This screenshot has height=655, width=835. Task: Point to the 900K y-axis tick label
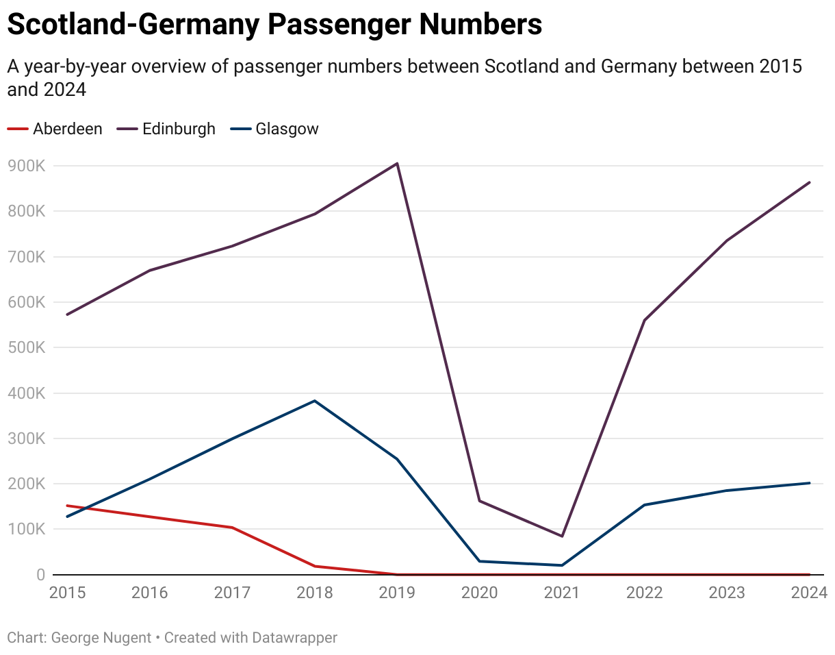[26, 166]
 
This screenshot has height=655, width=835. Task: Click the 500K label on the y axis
[26, 348]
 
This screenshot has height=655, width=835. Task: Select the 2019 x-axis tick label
[397, 593]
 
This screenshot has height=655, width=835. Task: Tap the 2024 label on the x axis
[810, 593]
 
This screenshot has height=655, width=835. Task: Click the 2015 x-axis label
[67, 593]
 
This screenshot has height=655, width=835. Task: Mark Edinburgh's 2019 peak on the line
[397, 163]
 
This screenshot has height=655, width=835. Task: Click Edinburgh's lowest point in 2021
[562, 536]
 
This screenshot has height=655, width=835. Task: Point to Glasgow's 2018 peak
[315, 401]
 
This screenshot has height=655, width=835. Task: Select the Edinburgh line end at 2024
[810, 182]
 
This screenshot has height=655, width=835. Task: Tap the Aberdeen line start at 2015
[67, 506]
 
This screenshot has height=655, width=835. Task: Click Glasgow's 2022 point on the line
[645, 505]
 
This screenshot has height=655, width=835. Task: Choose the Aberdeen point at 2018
[315, 566]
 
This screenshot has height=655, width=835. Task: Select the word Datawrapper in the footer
[294, 638]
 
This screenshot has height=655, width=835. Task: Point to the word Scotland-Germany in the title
[133, 25]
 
